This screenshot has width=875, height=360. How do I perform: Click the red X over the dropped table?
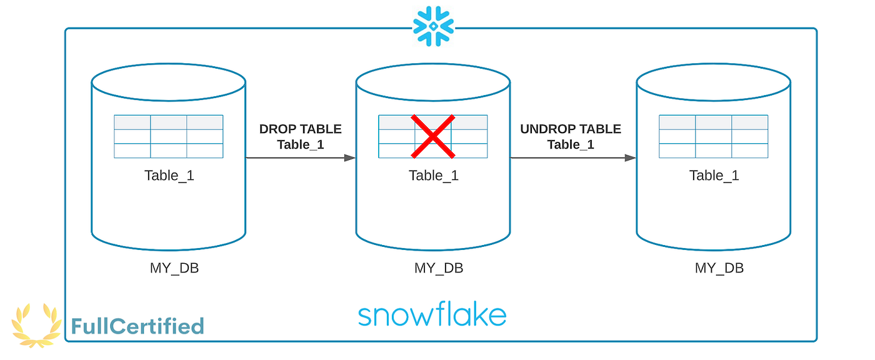tap(432, 136)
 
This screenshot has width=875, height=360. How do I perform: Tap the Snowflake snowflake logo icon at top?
tap(433, 26)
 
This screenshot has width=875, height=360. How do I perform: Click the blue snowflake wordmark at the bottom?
tap(432, 315)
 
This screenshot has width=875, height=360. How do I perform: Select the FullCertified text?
tap(137, 326)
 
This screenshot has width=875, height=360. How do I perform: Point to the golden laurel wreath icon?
tap(37, 325)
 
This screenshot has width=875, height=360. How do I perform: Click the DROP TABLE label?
tap(301, 129)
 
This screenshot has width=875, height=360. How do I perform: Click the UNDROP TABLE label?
tap(571, 129)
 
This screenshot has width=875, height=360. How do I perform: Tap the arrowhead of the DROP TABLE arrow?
tap(350, 158)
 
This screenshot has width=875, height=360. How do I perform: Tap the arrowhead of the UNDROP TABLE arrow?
tap(631, 158)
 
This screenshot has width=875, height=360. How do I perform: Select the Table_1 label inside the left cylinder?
tap(169, 176)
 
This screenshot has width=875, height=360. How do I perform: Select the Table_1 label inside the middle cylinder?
tap(433, 176)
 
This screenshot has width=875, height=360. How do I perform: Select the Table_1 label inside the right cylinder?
tap(714, 176)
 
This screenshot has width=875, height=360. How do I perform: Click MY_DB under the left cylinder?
tap(174, 268)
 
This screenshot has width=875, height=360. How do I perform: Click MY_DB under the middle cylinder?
tap(439, 268)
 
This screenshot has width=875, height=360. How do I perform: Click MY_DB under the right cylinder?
tap(719, 268)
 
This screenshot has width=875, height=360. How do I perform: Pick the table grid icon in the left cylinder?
tap(169, 136)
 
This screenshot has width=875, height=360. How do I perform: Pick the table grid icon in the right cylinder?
tap(714, 136)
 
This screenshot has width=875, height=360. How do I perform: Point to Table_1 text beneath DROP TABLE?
tap(301, 145)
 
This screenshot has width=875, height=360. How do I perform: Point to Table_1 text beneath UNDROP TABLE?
tap(571, 145)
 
